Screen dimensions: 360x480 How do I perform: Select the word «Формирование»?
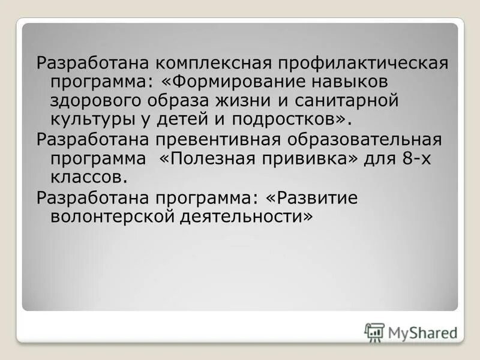(231, 81)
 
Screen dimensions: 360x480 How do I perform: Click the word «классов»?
(88, 177)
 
